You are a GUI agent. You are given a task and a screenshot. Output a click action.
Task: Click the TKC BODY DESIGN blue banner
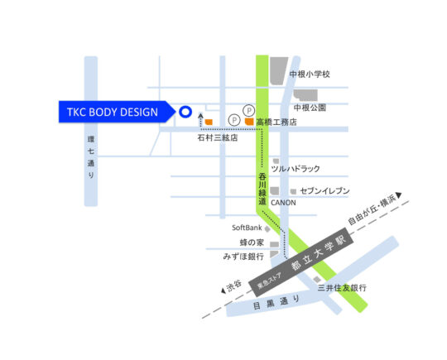[x=113, y=112]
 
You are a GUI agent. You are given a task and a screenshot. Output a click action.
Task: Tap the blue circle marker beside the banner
[x=185, y=112]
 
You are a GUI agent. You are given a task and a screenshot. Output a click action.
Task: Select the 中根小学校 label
[x=310, y=74]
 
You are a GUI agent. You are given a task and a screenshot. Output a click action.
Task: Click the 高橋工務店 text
[x=276, y=122]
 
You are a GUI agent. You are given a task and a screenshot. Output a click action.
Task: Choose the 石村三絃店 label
[x=217, y=137]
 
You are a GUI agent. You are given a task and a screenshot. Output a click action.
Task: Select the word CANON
[x=283, y=202]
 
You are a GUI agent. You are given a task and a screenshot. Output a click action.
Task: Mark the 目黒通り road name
[x=277, y=301]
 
